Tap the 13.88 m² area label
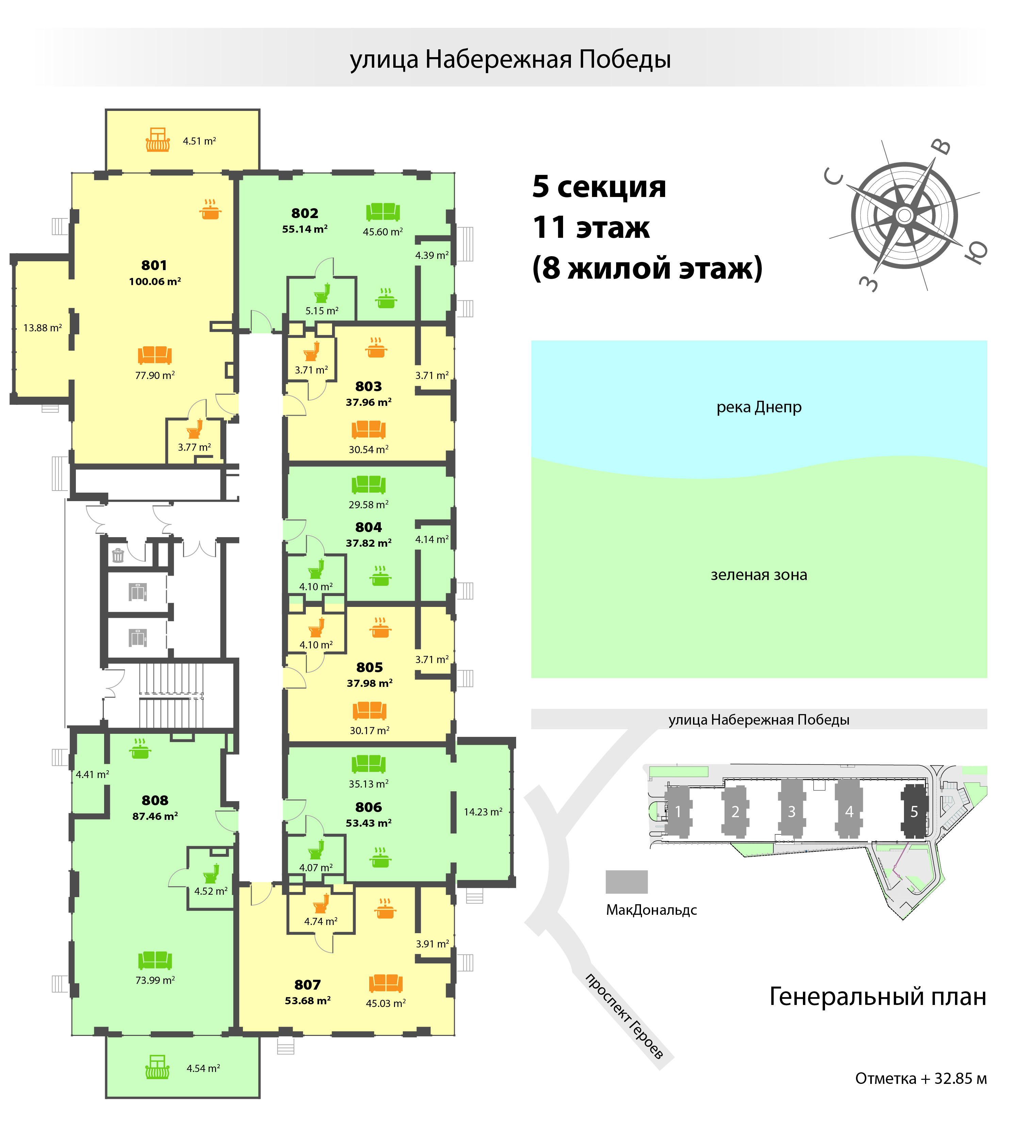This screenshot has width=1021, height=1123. click(42, 328)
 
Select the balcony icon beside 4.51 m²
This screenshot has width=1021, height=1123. click(158, 140)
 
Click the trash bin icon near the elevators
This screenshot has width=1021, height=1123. click(118, 555)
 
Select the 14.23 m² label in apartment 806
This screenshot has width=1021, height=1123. click(483, 812)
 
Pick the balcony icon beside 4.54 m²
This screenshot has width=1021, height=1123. click(157, 1067)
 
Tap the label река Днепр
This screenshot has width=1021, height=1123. click(759, 407)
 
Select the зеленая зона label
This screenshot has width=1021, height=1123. click(759, 575)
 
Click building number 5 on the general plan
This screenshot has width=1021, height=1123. click(914, 812)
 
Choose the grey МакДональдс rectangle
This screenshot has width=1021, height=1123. click(627, 882)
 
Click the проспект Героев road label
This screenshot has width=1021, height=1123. click(624, 1016)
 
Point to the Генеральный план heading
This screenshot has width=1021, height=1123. click(877, 996)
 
